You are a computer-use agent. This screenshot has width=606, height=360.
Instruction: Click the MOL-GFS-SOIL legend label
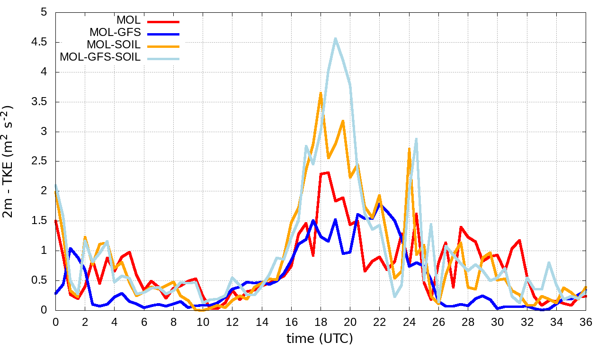[100, 57]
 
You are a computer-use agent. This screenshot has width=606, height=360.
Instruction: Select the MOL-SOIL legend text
[114, 45]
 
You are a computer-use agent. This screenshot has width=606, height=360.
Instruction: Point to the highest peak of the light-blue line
[335, 39]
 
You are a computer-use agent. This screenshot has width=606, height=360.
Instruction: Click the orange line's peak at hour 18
[321, 93]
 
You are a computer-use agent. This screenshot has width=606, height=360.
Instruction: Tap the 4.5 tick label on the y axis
[38, 42]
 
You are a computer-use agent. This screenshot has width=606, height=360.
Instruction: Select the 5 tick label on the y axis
[44, 12]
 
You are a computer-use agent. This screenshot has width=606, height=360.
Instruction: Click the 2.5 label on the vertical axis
[38, 161]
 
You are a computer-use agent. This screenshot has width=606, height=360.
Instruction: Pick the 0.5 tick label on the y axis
[38, 280]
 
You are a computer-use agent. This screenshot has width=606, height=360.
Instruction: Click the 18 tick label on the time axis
[321, 322]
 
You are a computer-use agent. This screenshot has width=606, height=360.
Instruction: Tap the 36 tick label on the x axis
[586, 322]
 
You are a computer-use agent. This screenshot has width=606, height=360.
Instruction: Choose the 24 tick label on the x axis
[409, 322]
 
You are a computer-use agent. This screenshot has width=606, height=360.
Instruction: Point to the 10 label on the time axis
[203, 322]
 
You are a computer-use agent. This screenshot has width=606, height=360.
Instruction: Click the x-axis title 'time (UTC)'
[320, 338]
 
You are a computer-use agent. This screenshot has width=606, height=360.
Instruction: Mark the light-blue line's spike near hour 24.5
[416, 139]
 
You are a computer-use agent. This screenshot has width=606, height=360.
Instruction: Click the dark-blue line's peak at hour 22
[380, 205]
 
